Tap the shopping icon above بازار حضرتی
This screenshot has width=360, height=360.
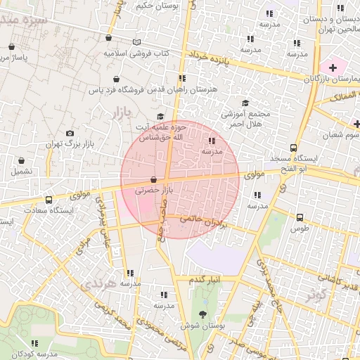(153, 179)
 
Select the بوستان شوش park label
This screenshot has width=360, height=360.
(203, 326)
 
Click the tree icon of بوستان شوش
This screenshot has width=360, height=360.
(203, 314)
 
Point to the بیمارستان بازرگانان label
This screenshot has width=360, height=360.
(330, 78)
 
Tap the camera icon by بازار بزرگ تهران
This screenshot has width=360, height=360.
(69, 133)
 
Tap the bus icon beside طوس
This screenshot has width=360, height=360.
(300, 217)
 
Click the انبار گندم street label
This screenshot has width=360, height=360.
(205, 279)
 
